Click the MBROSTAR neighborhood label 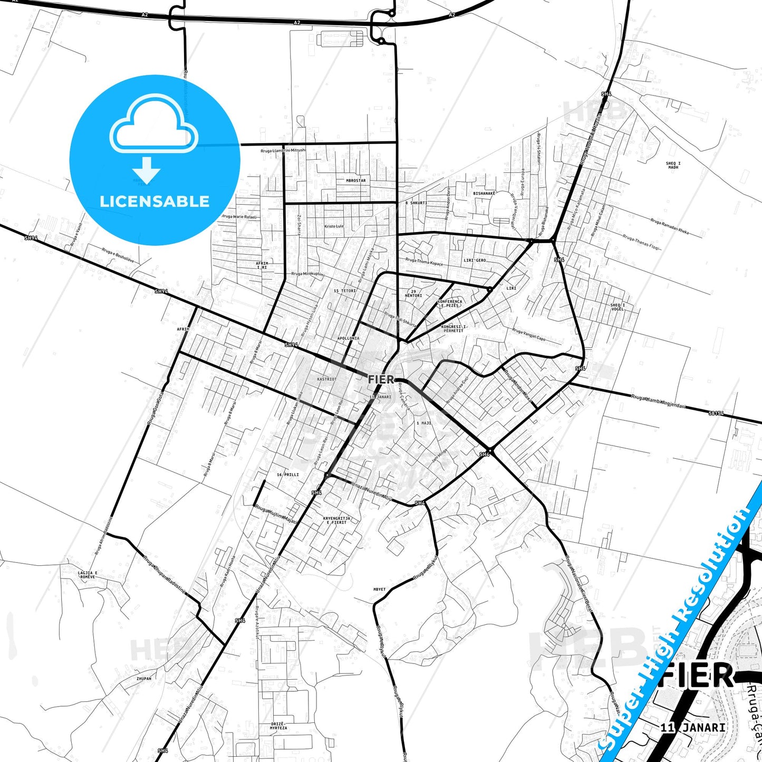pos(355,180)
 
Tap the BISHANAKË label pos(484,194)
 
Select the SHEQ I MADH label pos(673,165)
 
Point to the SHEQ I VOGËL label pos(618,307)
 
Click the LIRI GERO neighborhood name pos(475,261)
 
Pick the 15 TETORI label pos(345,291)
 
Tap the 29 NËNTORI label pos(413,293)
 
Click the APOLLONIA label pos(348,338)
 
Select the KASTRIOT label pos(326,379)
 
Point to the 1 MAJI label pos(423,423)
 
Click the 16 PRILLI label pos(287,475)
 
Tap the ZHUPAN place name pos(143,679)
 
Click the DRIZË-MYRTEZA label pos(278,725)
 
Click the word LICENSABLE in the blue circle pos(155,201)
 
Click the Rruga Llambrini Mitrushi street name pos(283,151)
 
